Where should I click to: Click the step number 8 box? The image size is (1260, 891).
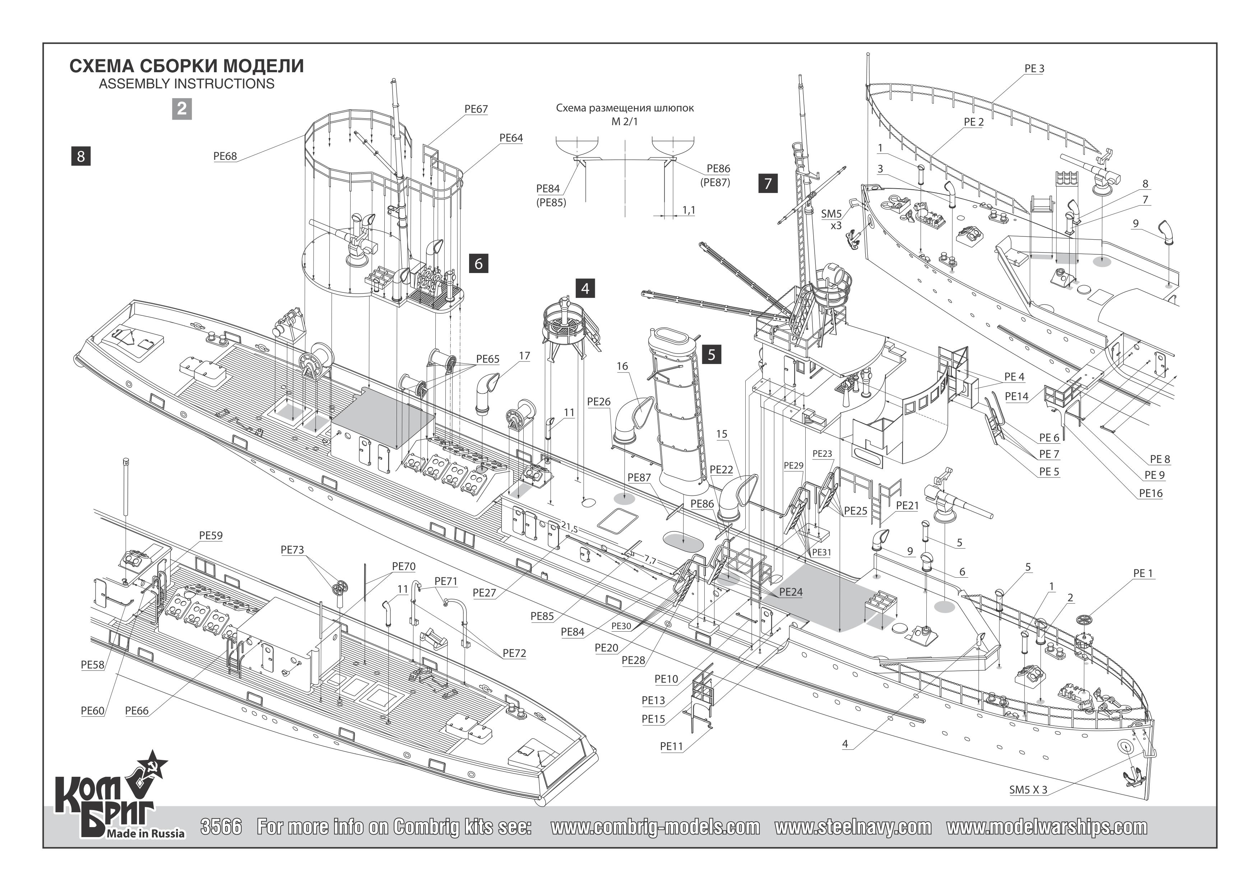[81, 156]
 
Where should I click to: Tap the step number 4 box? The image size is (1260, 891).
[585, 288]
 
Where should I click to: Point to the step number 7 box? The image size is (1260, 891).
[768, 183]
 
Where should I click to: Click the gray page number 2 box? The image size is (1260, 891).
[182, 109]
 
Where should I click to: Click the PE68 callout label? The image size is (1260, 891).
[225, 156]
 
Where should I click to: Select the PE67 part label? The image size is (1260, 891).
[476, 109]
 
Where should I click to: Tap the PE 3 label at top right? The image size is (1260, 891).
[1034, 69]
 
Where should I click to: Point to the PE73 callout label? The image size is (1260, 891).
[292, 550]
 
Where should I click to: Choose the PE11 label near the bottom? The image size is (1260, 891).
[671, 746]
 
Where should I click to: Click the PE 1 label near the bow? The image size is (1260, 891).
[1143, 573]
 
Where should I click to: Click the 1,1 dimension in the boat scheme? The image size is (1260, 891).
[689, 210]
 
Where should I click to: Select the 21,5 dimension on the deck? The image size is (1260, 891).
[569, 528]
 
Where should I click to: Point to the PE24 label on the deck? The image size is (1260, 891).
[791, 592]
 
